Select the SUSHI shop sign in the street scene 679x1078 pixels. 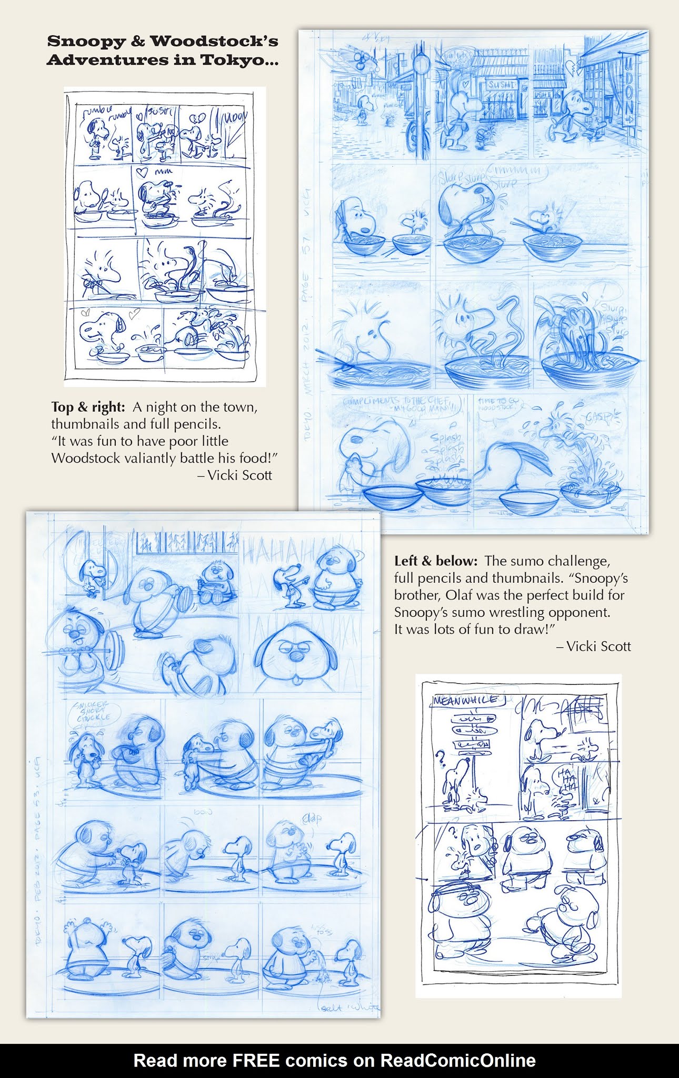pos(501,84)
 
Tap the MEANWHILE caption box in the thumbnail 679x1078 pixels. pos(466,700)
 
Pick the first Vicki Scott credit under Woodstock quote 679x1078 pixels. pos(239,475)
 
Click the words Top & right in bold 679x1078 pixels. pos(88,407)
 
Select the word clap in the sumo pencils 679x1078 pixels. pos(311,818)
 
